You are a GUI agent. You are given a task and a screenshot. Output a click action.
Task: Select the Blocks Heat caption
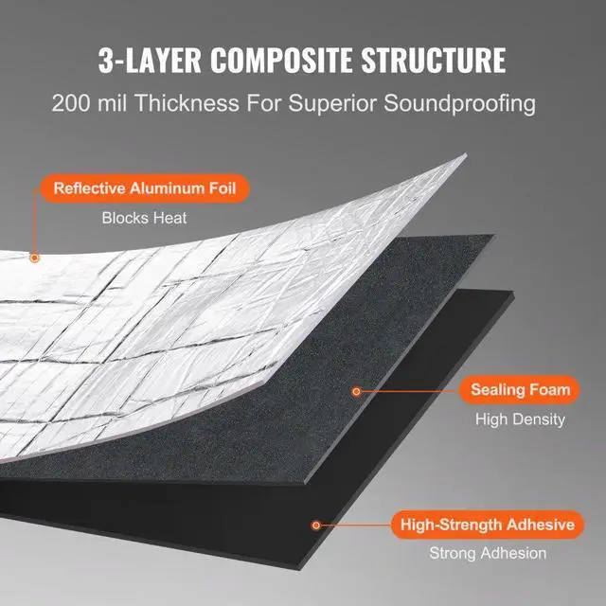[145, 218]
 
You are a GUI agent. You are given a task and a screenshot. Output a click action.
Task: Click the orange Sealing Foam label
[521, 389]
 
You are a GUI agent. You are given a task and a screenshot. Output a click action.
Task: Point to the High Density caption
[520, 419]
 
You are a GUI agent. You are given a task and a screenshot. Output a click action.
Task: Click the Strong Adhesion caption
[488, 554]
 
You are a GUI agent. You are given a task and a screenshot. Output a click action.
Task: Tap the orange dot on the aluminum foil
[35, 256]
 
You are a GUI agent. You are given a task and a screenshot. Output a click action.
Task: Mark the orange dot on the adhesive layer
[316, 524]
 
